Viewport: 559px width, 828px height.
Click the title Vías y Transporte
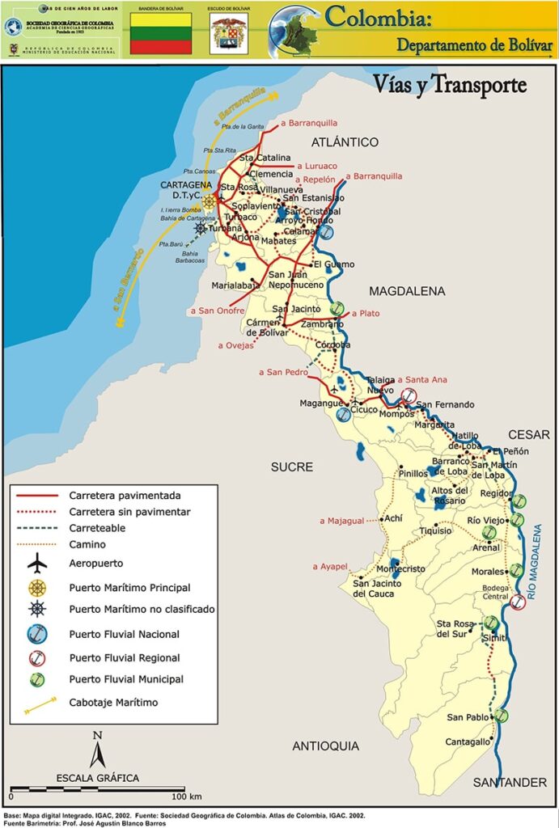pos(450,85)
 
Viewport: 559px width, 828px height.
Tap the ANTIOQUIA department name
pos(325,746)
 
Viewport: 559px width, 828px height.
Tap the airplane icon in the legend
pos(37,563)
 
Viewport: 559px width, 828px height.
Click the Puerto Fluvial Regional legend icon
pos(37,657)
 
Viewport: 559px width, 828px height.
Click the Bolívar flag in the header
pos(161,33)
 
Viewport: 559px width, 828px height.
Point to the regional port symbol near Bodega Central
pos(519,602)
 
